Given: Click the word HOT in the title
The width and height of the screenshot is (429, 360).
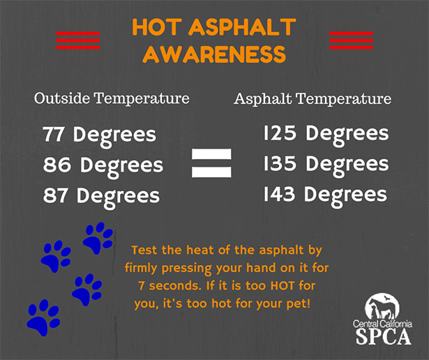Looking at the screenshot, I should click(154, 29).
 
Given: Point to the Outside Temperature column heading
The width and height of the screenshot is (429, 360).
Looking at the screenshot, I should click(112, 99).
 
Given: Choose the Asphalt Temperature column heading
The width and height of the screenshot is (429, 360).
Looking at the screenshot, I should click(313, 99).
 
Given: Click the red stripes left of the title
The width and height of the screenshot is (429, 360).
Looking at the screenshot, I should click(77, 40).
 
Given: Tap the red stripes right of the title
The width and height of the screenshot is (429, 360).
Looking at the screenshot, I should click(351, 40).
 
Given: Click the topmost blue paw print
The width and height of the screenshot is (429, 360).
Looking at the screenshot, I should click(98, 238).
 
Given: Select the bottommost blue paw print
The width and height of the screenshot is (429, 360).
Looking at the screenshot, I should click(42, 317).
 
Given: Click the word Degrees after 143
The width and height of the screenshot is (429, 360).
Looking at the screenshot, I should click(347, 195).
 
